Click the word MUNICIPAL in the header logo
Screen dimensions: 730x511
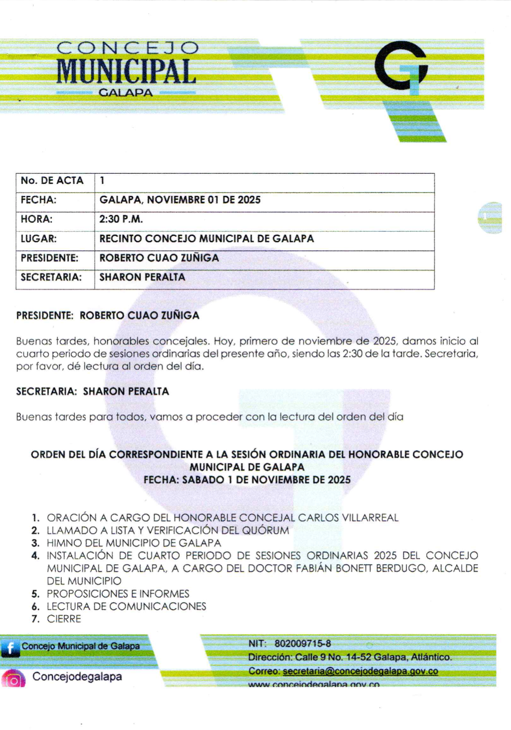pos(126,72)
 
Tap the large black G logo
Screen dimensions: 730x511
pos(401,65)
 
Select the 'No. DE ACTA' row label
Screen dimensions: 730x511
pos(52,181)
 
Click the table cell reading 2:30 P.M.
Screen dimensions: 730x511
pos(121,219)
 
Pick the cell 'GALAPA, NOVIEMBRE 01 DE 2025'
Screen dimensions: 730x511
pos(180,200)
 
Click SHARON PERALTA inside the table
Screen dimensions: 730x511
pos(142,277)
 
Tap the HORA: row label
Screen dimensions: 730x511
pos(36,219)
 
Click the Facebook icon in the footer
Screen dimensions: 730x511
pos(10,648)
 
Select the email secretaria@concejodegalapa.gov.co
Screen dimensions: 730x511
pos(360,671)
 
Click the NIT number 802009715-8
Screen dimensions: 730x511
pos(303,643)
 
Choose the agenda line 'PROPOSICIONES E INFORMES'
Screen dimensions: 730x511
pos(118,593)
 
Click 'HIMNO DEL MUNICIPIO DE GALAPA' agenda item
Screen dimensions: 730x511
pos(133,543)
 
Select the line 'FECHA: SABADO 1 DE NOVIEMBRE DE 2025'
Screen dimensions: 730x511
pos(247,480)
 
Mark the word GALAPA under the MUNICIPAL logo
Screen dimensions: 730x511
pos(125,93)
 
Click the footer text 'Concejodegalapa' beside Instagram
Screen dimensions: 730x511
pos(77,677)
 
